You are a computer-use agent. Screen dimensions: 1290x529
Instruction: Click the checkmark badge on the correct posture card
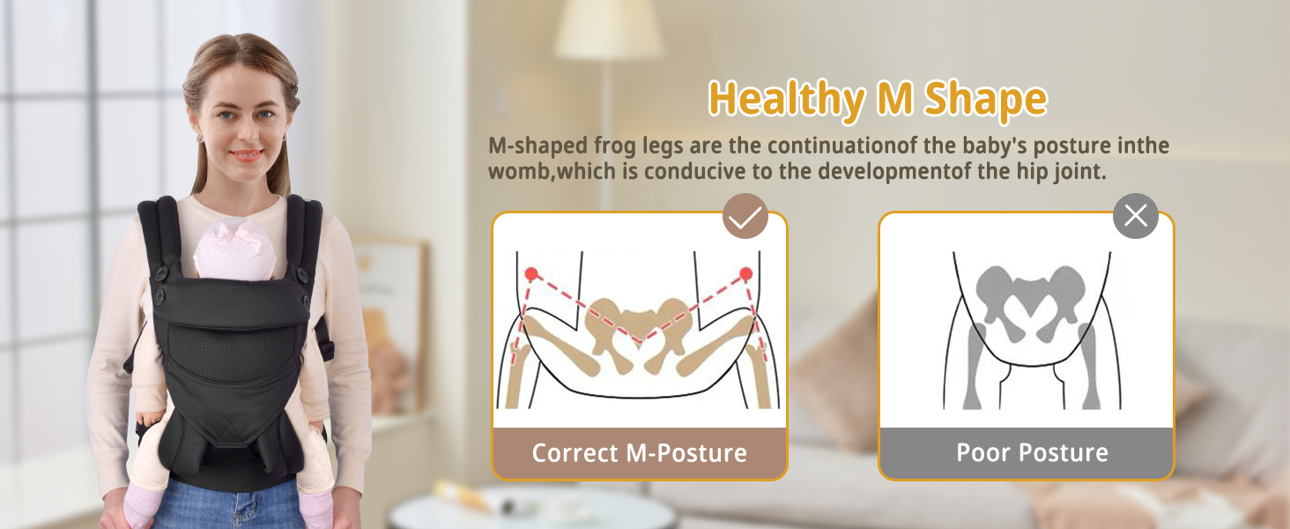point(745,216)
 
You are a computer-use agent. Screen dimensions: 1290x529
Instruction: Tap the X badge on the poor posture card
point(1136,216)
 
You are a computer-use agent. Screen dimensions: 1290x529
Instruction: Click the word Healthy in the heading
point(786,100)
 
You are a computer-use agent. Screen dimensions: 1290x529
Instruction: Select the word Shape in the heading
point(985,100)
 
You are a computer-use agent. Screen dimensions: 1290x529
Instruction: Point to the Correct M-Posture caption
point(639,453)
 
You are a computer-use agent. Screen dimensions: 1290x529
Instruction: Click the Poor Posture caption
point(1033,452)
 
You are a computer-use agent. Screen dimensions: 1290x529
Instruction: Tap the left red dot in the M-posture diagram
point(531,273)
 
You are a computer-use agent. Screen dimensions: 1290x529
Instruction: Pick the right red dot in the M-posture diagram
point(745,273)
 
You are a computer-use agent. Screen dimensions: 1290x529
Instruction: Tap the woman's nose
point(248,131)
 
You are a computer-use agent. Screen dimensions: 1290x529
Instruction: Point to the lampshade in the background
point(609,29)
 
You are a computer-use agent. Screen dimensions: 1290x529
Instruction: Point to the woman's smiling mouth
point(247,155)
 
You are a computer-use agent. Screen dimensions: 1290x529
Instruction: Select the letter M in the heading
point(894,98)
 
